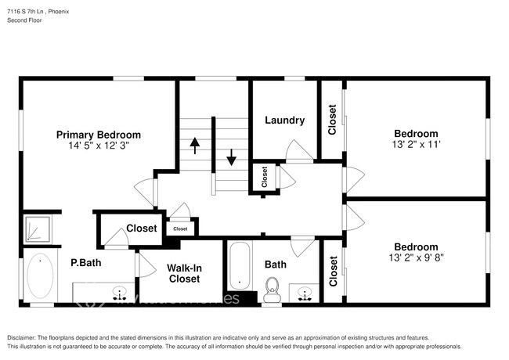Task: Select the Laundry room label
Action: pyautogui.click(x=284, y=121)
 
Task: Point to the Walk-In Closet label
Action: pyautogui.click(x=184, y=273)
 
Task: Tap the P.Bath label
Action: pyautogui.click(x=83, y=264)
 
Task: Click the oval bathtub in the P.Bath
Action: pyautogui.click(x=39, y=277)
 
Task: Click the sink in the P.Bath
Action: pyautogui.click(x=120, y=293)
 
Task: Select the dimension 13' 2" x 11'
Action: pyautogui.click(x=415, y=145)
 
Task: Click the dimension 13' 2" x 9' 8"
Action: pyautogui.click(x=415, y=257)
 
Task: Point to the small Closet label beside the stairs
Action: pyautogui.click(x=264, y=176)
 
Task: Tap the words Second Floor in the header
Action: pyautogui.click(x=24, y=20)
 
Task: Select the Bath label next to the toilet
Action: pyautogui.click(x=275, y=265)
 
